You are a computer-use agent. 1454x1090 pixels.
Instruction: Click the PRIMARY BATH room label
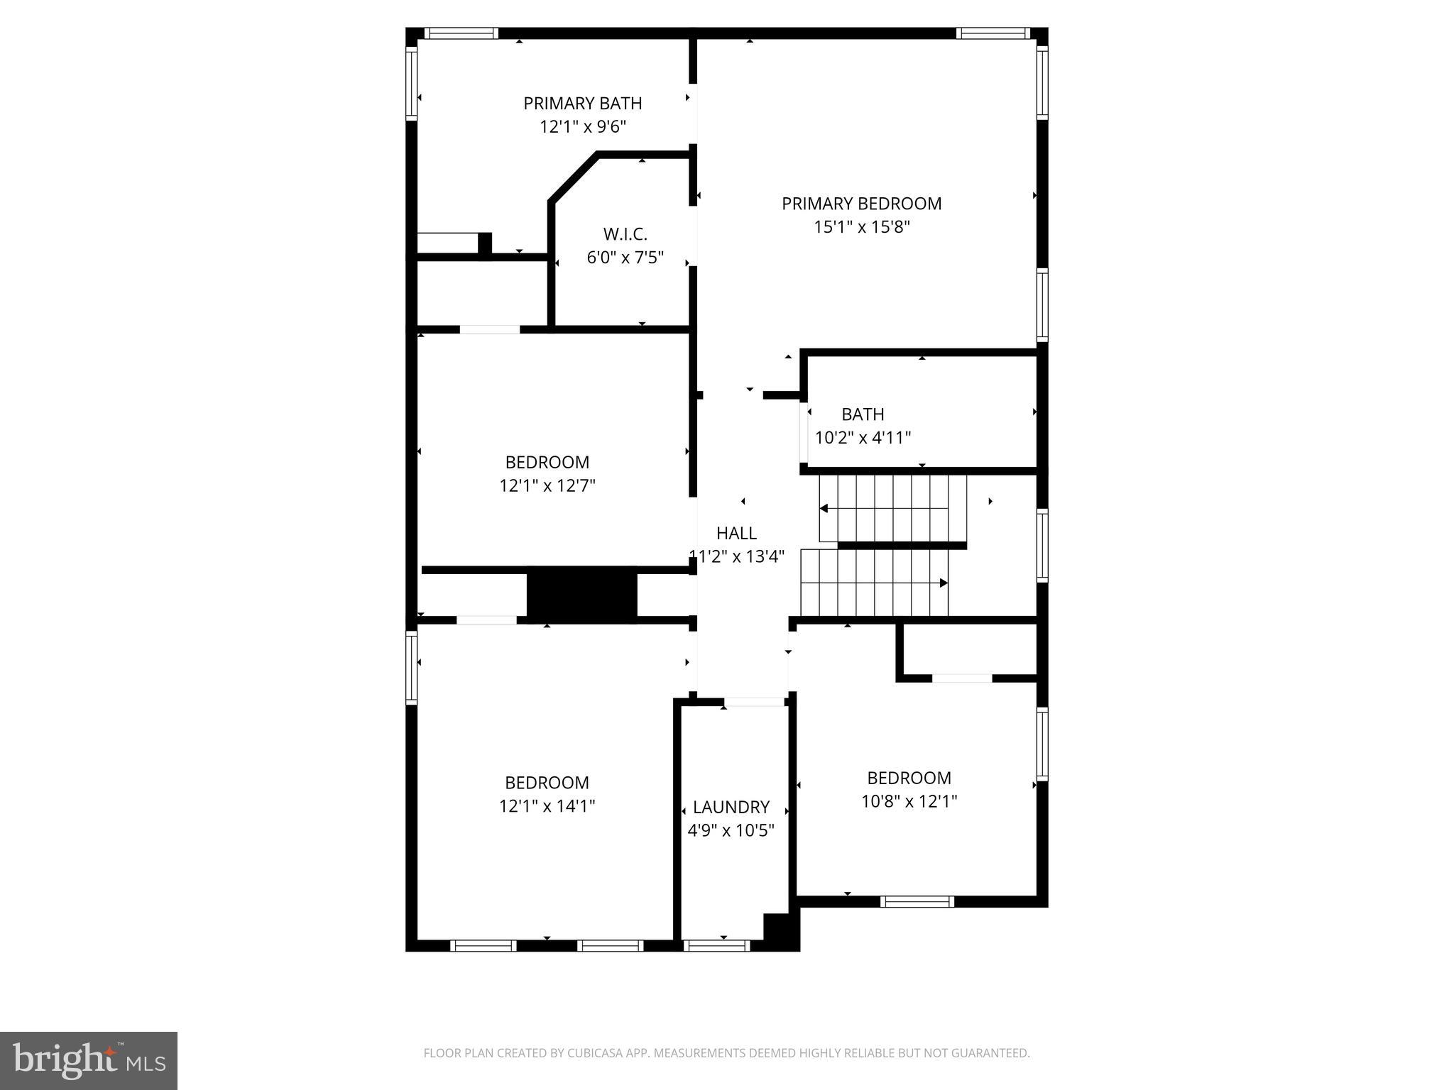582,104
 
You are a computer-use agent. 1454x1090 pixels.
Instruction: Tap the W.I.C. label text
625,234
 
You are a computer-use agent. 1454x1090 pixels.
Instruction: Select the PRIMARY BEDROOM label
861,204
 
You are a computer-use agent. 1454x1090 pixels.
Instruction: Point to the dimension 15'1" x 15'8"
861,227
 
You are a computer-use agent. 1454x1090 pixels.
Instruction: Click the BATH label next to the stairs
863,414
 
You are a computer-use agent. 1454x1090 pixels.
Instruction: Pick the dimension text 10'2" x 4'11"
863,437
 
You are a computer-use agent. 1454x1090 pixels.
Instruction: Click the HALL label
736,533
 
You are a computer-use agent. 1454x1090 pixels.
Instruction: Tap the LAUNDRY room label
731,807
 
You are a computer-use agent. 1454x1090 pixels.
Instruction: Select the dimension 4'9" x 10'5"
731,830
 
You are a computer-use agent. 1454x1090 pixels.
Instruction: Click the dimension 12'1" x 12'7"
547,485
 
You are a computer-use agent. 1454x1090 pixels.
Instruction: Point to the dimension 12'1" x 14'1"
547,806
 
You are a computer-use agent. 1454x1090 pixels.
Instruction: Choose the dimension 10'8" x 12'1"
909,801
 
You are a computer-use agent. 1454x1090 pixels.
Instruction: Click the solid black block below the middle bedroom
581,595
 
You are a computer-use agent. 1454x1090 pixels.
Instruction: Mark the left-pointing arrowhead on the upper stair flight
824,508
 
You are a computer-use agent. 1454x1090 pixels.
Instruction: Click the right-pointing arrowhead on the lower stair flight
944,583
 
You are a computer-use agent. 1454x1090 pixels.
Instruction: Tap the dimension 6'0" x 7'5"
625,258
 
